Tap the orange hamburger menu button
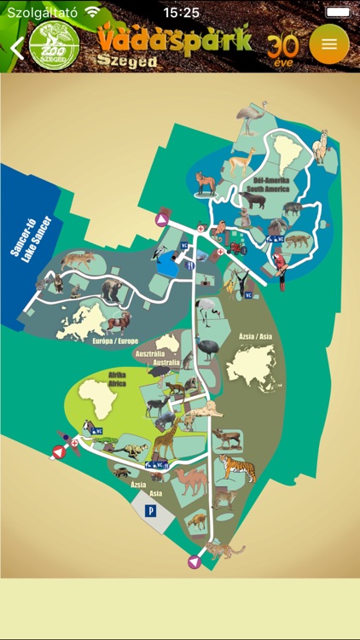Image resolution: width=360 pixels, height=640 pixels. point(329,44)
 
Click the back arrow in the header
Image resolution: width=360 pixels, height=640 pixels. point(15,47)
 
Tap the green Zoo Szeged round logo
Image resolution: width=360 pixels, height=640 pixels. point(54,46)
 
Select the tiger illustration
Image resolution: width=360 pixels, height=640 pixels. point(236,468)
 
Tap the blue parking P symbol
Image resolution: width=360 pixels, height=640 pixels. point(151,511)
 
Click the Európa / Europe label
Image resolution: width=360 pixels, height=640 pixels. point(114,340)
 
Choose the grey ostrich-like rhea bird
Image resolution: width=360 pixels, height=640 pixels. point(249,117)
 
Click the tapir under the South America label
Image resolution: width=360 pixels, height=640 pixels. point(253,202)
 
